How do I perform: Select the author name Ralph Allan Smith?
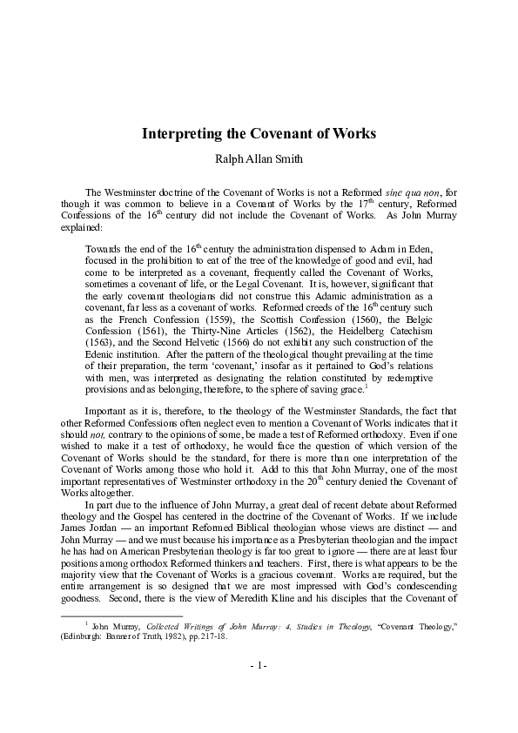[x=259, y=160]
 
